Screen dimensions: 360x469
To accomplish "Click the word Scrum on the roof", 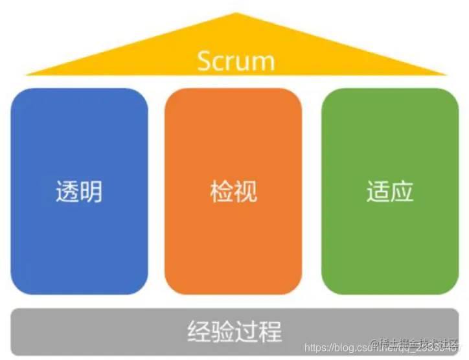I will click(x=236, y=60).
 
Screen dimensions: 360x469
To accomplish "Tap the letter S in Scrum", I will click(x=204, y=60).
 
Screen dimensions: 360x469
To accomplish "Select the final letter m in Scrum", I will click(x=264, y=62).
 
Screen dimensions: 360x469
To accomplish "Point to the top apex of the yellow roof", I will click(x=236, y=13).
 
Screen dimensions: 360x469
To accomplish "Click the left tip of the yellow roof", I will click(x=26, y=74).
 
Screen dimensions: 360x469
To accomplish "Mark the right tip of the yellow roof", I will click(x=446, y=74).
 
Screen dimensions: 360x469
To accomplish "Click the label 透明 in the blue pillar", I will click(x=79, y=192).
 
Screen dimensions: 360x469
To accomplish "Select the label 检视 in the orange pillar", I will click(x=233, y=192).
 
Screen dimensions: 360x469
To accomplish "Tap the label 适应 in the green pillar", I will click(x=390, y=192).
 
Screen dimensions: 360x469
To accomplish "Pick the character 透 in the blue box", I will click(x=67, y=192).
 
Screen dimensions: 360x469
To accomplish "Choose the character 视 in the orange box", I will click(x=246, y=192).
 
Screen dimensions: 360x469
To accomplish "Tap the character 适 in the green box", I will click(x=378, y=192).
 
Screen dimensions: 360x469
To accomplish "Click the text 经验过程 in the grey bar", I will click(x=234, y=331).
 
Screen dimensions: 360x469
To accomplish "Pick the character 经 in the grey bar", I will click(x=198, y=331).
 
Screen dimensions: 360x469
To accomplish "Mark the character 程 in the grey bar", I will click(x=271, y=331).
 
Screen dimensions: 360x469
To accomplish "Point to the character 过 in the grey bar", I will click(x=247, y=331).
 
